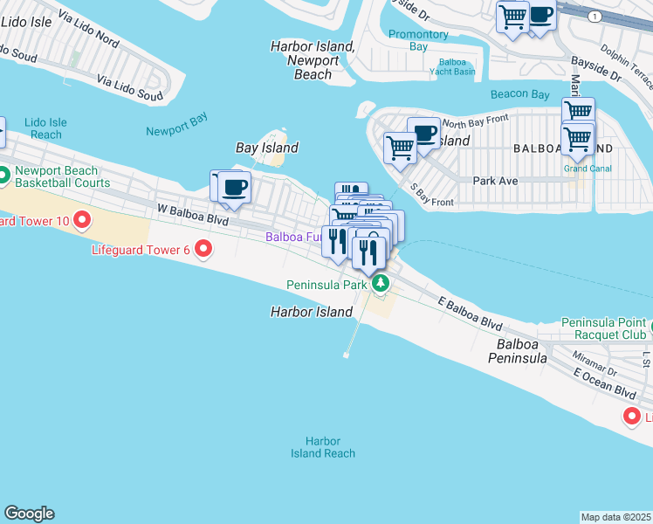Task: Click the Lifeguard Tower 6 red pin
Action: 204,250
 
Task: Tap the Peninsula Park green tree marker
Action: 380,284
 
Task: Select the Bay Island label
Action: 267,148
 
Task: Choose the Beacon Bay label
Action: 519,94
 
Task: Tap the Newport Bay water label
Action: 177,130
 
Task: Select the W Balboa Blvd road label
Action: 192,215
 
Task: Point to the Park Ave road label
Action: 495,181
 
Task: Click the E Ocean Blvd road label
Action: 604,382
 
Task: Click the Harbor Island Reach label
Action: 323,447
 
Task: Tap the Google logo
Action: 29,514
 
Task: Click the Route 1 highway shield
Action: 595,17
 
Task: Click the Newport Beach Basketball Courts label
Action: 63,176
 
